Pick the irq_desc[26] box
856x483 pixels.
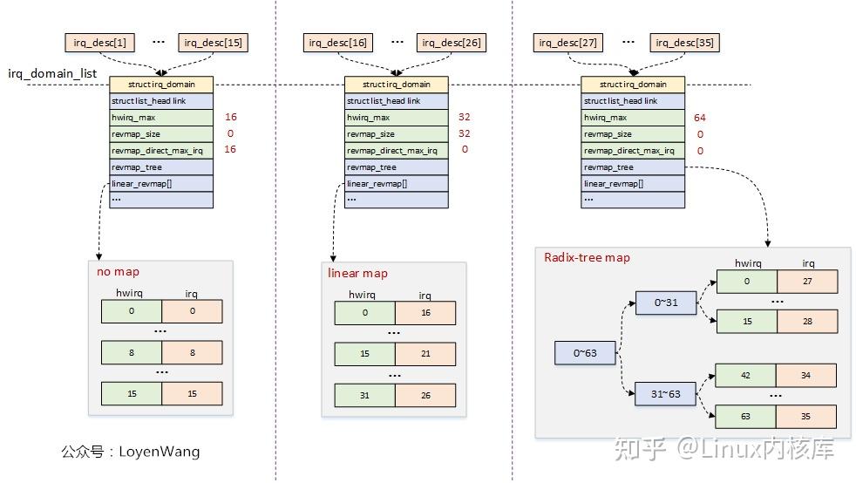tap(451, 42)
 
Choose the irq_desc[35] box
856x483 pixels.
tap(685, 42)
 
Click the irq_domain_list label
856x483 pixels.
tap(52, 74)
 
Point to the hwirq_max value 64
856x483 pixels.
tap(699, 118)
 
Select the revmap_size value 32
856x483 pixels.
tap(464, 134)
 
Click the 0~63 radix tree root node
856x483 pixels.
tap(585, 354)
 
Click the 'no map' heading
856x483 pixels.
tap(118, 272)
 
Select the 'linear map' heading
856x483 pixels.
tap(357, 274)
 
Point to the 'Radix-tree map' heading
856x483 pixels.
tap(587, 258)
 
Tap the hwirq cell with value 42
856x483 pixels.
tap(746, 376)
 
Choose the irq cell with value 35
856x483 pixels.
tap(807, 417)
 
